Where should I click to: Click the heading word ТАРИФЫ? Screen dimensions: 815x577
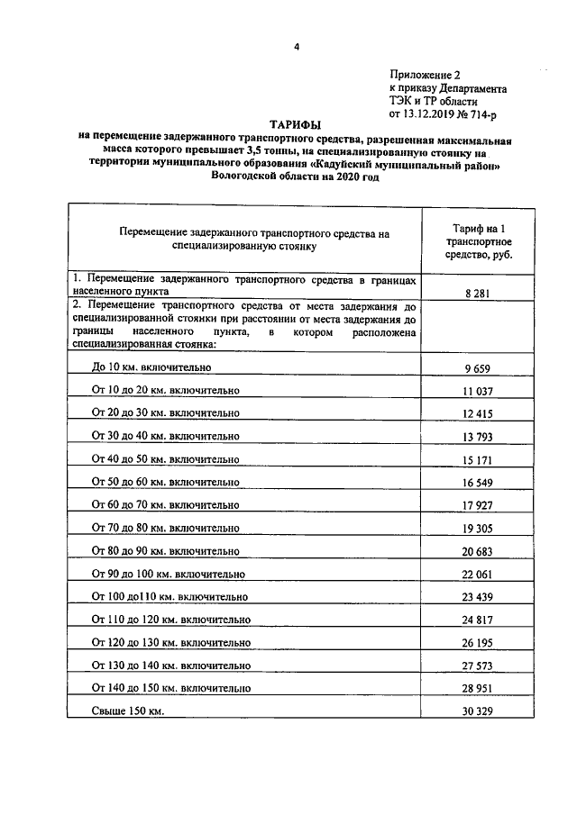pyautogui.click(x=295, y=125)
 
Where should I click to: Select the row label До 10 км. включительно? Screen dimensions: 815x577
pyautogui.click(x=151, y=367)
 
